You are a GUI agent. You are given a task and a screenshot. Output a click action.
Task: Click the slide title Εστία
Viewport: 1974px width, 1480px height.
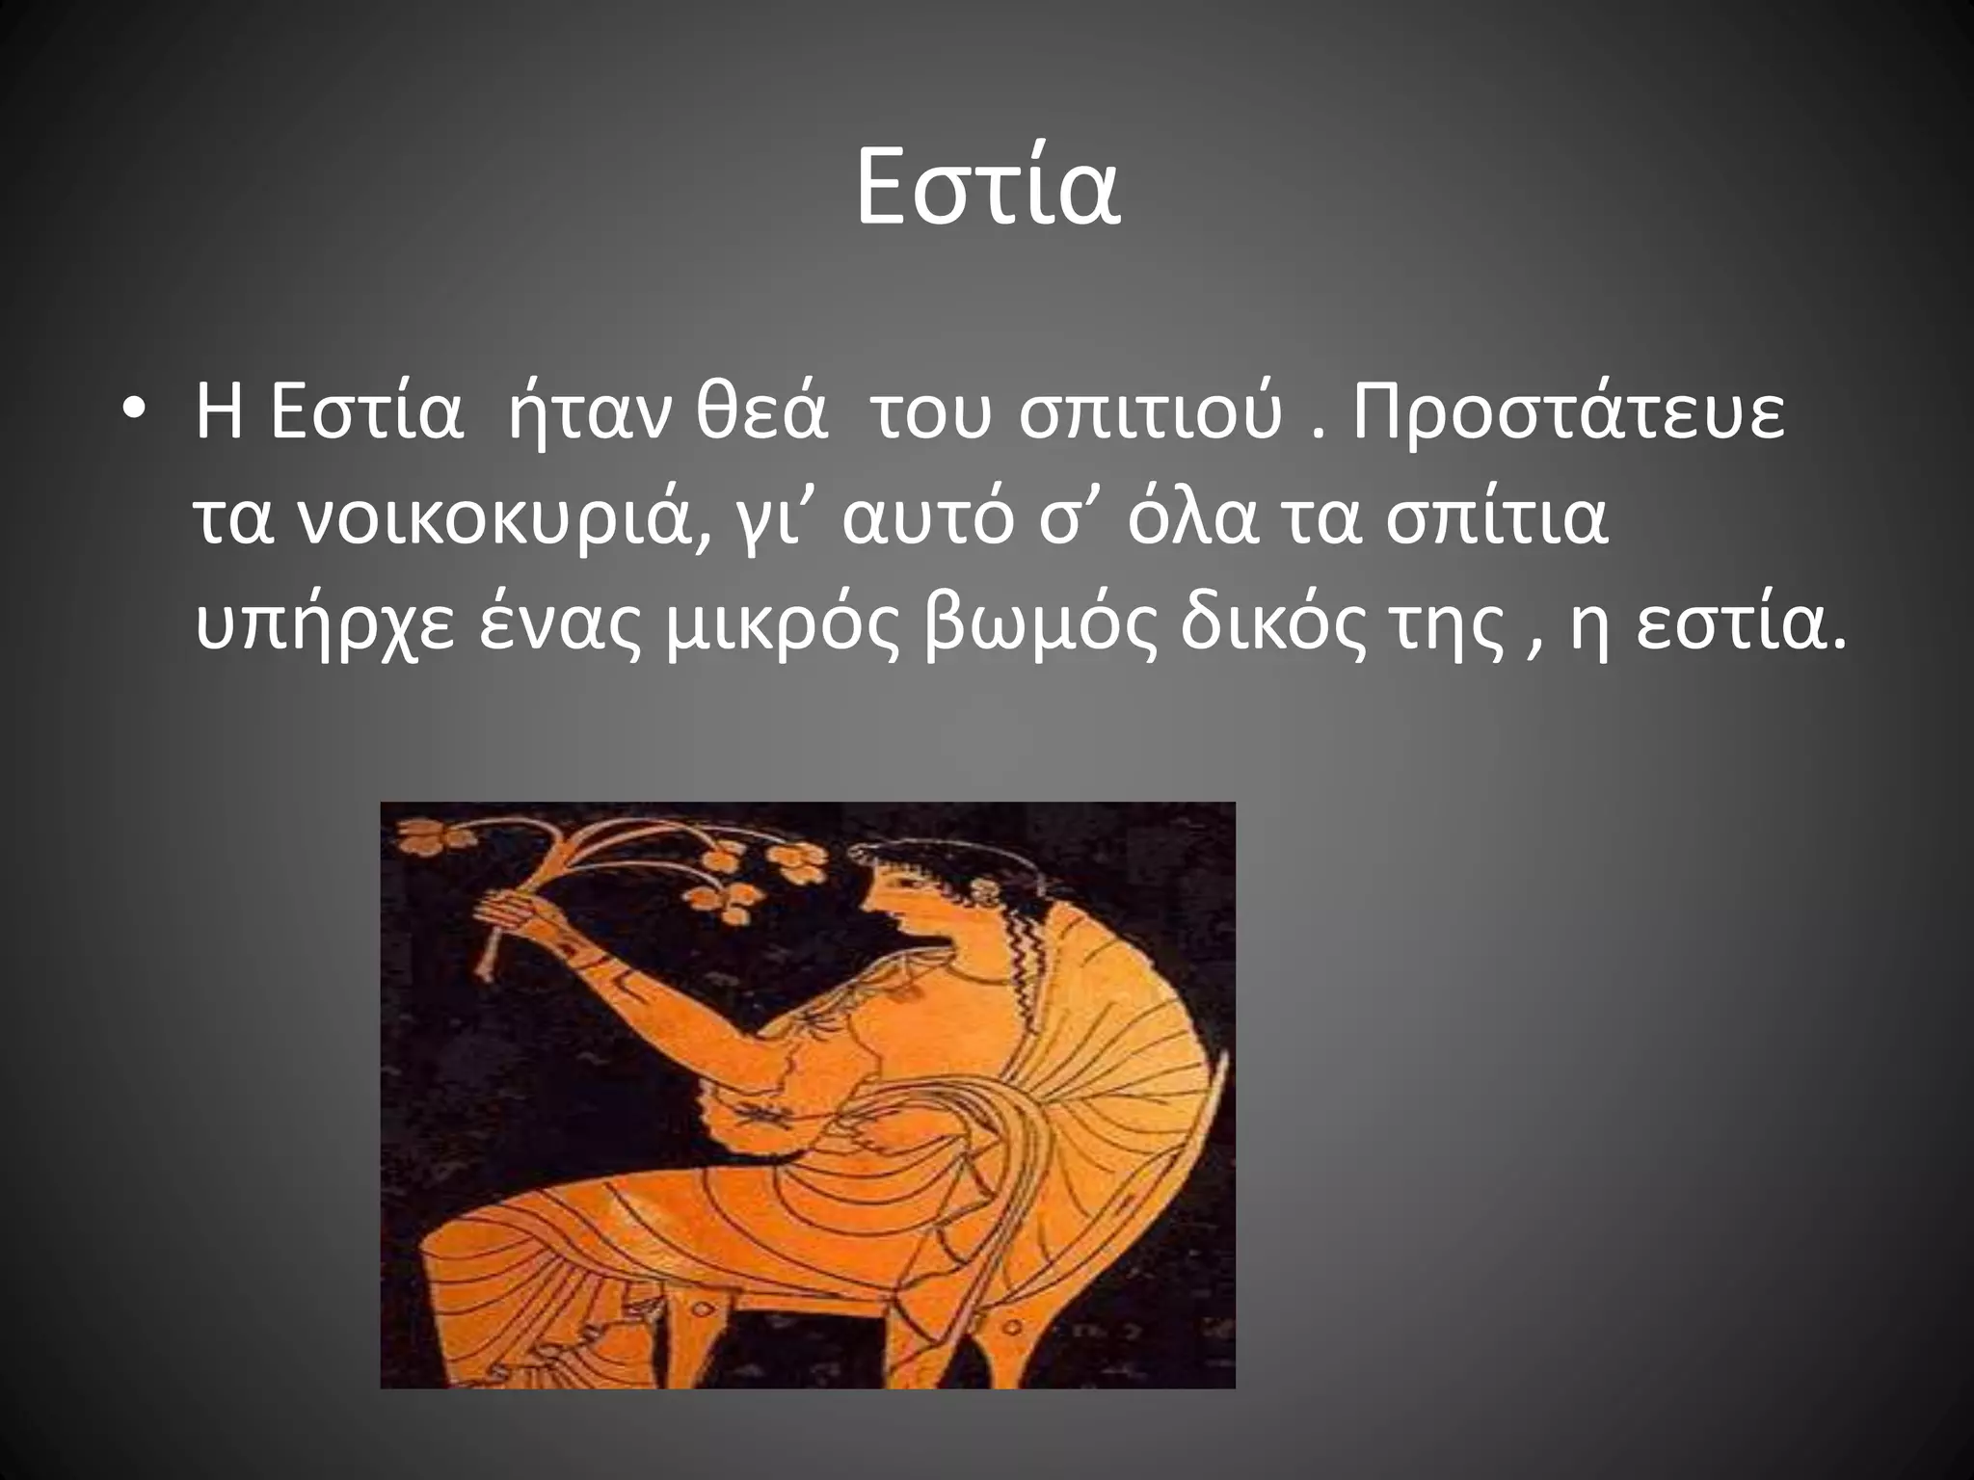click(987, 190)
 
